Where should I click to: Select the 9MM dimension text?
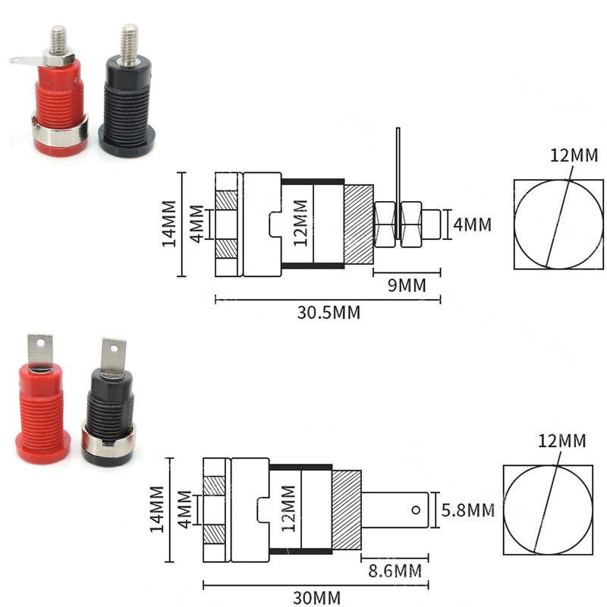click(x=402, y=285)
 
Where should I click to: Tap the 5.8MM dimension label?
click(x=468, y=510)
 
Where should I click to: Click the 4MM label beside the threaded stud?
click(x=472, y=225)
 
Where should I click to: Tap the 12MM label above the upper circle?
click(x=574, y=156)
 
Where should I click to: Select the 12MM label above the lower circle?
click(x=562, y=441)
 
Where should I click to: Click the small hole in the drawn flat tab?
click(x=416, y=509)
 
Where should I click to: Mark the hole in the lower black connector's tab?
click(x=115, y=348)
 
